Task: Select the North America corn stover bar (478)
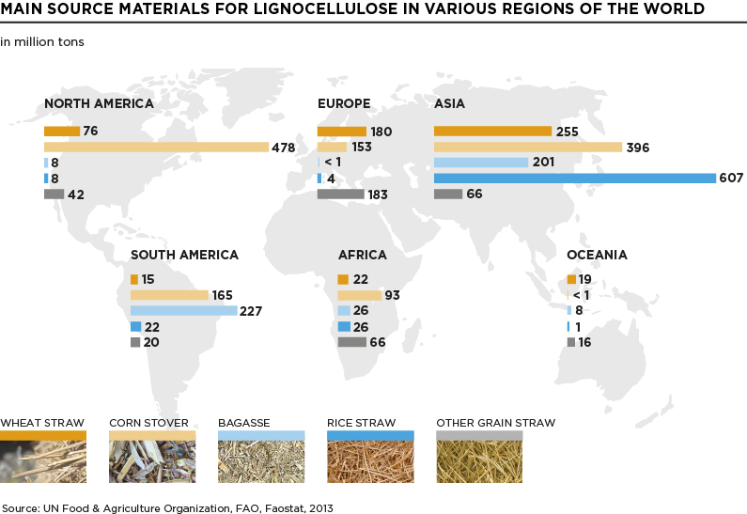pyautogui.click(x=157, y=147)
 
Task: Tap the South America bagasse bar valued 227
pyautogui.click(x=183, y=310)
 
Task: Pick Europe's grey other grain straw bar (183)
pyautogui.click(x=340, y=195)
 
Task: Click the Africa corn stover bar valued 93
pyautogui.click(x=359, y=295)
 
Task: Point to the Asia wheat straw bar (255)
pyautogui.click(x=492, y=131)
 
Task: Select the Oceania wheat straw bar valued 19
pyautogui.click(x=571, y=279)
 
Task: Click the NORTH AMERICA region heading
pyautogui.click(x=99, y=103)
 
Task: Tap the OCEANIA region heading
pyautogui.click(x=597, y=255)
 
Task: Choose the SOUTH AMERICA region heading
pyautogui.click(x=184, y=255)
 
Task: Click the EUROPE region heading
pyautogui.click(x=344, y=103)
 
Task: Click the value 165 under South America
pyautogui.click(x=223, y=295)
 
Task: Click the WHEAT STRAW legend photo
pyautogui.click(x=43, y=460)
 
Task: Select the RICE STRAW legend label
pyautogui.click(x=361, y=423)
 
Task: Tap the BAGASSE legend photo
pyautogui.click(x=261, y=460)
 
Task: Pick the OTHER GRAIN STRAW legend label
pyautogui.click(x=495, y=423)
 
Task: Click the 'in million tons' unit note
pyautogui.click(x=42, y=42)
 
